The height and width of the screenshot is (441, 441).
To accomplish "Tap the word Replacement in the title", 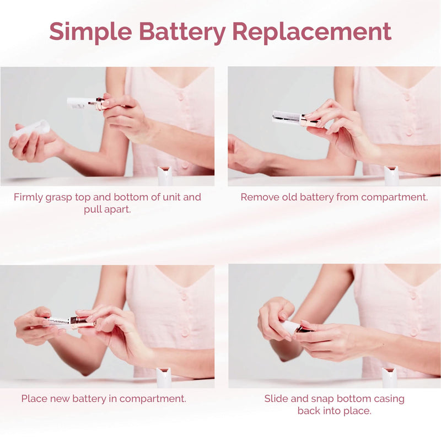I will coord(311,32).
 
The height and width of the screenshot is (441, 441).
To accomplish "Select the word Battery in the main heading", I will coord(182,32).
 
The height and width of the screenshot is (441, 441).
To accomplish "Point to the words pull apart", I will coord(107,209).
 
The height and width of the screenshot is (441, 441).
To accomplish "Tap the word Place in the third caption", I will coord(35,398).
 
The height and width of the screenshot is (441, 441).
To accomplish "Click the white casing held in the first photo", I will coord(30,130).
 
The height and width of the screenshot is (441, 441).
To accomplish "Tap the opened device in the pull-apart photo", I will coord(85,103).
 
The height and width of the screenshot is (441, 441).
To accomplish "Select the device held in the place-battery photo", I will coord(69,322).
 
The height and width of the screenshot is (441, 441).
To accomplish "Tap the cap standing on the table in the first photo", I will coord(164,176).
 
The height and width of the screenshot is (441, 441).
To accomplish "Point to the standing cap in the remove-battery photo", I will coord(391,175).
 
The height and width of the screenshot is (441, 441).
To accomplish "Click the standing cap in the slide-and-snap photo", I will coord(389,378).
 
